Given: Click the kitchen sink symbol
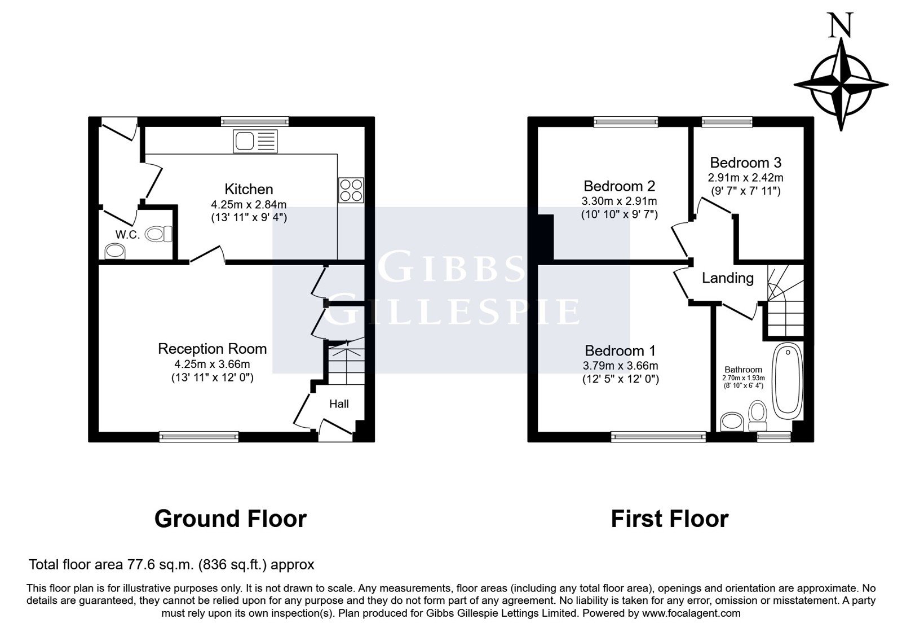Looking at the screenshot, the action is click(x=255, y=141).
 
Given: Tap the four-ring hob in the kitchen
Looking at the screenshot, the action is click(x=351, y=190).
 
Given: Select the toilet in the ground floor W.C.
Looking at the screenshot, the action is click(x=158, y=234).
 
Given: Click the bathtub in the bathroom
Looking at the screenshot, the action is click(x=787, y=381).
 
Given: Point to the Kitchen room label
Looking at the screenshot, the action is click(x=249, y=189).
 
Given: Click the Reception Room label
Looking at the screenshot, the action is click(x=212, y=349).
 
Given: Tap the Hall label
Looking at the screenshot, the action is click(x=339, y=404).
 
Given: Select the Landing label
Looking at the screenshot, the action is click(x=728, y=278).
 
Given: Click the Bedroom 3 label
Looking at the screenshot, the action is click(x=745, y=163).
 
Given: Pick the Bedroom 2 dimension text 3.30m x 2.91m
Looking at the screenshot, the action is click(x=619, y=201).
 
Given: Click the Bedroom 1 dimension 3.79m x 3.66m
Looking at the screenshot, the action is click(x=620, y=366).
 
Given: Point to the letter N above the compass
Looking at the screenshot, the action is click(x=840, y=25).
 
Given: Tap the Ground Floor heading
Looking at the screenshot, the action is click(x=231, y=519).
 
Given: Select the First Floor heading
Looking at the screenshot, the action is click(x=670, y=519).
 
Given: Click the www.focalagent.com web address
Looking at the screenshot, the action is click(x=691, y=613).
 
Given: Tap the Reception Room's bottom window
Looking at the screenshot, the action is click(x=199, y=437).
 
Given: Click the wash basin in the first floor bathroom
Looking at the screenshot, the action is click(x=732, y=421).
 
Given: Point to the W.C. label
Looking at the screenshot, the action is click(x=127, y=235).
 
